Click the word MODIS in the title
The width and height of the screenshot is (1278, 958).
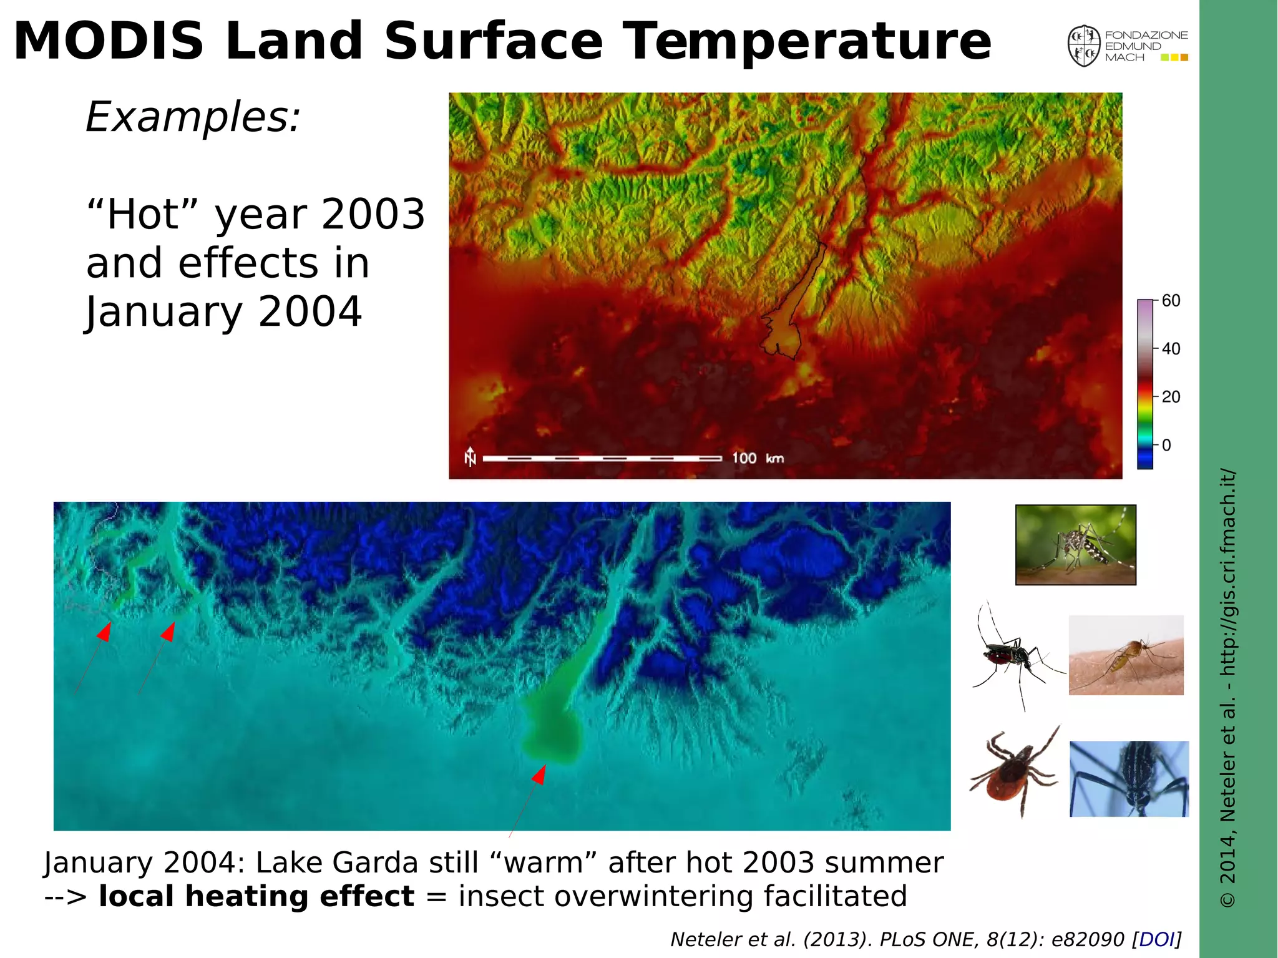[109, 41]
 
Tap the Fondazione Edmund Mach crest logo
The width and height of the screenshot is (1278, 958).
[1083, 46]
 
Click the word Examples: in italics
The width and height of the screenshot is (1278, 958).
[193, 117]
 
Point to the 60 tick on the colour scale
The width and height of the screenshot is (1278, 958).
[1171, 301]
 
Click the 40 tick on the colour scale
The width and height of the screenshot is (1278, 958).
[1171, 349]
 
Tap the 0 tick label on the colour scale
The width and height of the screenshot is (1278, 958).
[1166, 446]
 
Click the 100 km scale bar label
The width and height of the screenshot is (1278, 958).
[758, 458]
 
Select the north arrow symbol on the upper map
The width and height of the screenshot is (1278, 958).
[471, 457]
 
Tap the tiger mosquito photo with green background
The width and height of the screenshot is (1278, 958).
[1075, 545]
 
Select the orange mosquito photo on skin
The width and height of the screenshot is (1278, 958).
[1126, 655]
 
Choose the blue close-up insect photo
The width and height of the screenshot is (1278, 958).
[1129, 779]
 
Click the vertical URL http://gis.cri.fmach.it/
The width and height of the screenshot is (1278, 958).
[1227, 572]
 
